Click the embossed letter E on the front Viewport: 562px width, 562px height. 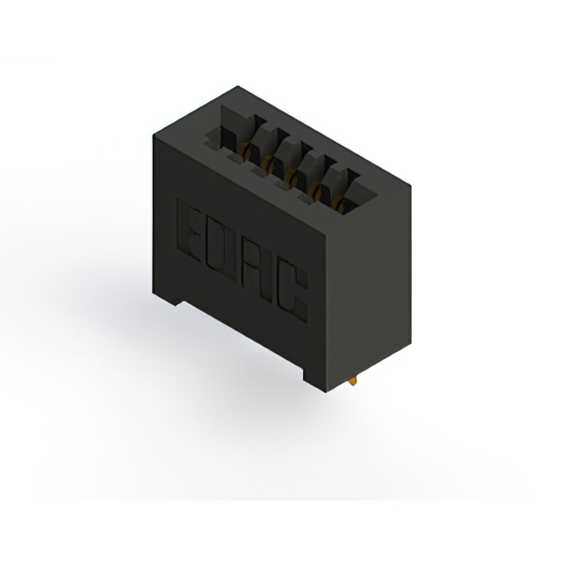click(189, 230)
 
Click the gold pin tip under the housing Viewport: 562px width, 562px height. click(353, 382)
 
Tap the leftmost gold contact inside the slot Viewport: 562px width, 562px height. click(247, 150)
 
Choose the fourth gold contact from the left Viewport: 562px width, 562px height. click(318, 190)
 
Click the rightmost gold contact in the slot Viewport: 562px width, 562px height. click(340, 205)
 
